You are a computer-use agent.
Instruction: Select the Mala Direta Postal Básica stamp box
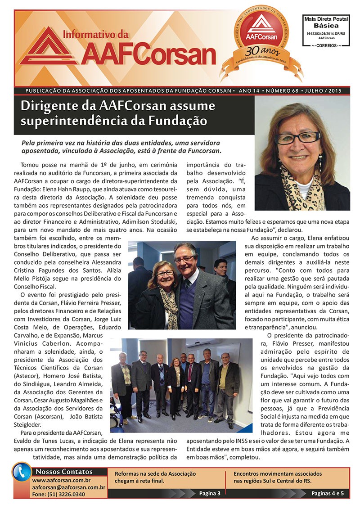pyautogui.click(x=322, y=32)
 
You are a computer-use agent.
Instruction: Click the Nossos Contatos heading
pyautogui.click(x=63, y=472)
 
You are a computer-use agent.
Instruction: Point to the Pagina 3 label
pyautogui.click(x=210, y=494)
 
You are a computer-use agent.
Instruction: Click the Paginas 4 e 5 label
pyautogui.click(x=328, y=494)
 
